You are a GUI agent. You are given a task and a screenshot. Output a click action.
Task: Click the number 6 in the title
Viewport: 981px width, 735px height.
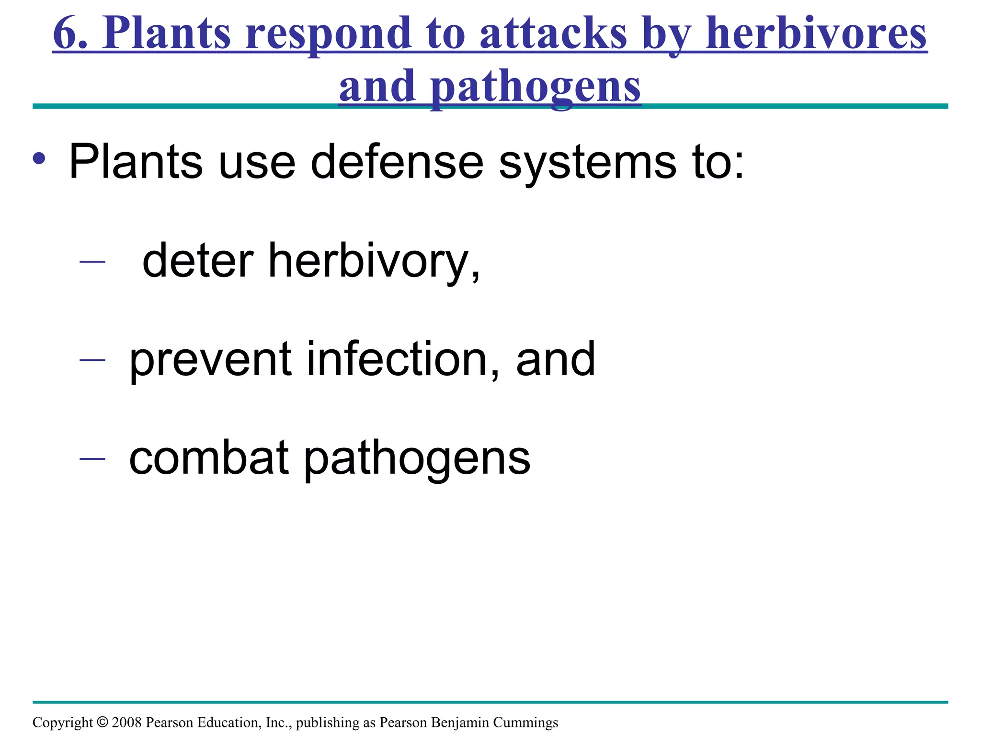[x=66, y=33]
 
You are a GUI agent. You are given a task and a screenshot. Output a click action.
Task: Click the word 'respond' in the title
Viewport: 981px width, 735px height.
[x=328, y=34]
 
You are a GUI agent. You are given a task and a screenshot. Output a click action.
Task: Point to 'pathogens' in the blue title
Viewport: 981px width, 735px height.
[x=535, y=87]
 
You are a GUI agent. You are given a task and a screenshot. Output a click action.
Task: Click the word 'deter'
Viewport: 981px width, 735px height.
[x=198, y=261]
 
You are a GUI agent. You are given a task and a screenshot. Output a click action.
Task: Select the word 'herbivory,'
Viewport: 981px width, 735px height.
[x=374, y=262]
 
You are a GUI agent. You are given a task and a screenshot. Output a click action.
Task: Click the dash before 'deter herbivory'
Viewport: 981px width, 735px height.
[x=92, y=261]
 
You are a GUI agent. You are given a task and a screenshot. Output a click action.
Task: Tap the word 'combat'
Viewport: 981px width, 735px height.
[x=209, y=458]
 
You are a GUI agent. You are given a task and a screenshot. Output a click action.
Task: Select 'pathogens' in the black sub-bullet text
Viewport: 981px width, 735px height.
[x=417, y=459]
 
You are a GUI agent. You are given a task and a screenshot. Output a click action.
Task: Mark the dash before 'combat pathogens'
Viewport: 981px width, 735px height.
[x=92, y=458]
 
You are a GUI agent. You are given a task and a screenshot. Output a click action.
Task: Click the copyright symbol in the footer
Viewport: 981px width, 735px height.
[x=103, y=722]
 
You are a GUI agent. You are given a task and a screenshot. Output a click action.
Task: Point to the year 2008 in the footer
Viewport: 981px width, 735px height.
[x=127, y=722]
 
